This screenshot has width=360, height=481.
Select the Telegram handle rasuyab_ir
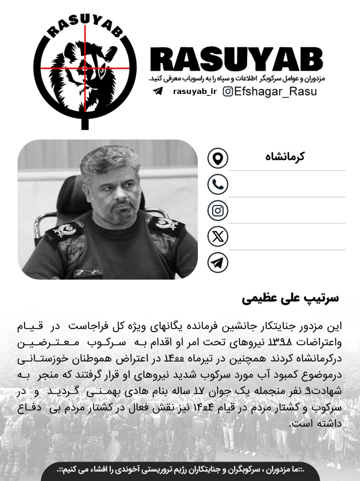[x=195, y=92]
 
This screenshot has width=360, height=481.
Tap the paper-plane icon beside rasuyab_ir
[x=158, y=91]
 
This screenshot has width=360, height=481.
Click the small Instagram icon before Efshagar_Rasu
[x=228, y=91]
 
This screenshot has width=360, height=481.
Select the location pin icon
[x=218, y=158]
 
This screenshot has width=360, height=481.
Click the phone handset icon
[x=218, y=184]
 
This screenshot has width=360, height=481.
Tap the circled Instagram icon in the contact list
[x=218, y=210]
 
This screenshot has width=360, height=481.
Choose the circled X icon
[x=218, y=236]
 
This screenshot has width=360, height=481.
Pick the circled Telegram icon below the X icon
[x=218, y=263]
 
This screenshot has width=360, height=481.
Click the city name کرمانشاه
[x=285, y=157]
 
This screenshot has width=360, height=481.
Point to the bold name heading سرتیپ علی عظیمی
[x=290, y=298]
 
